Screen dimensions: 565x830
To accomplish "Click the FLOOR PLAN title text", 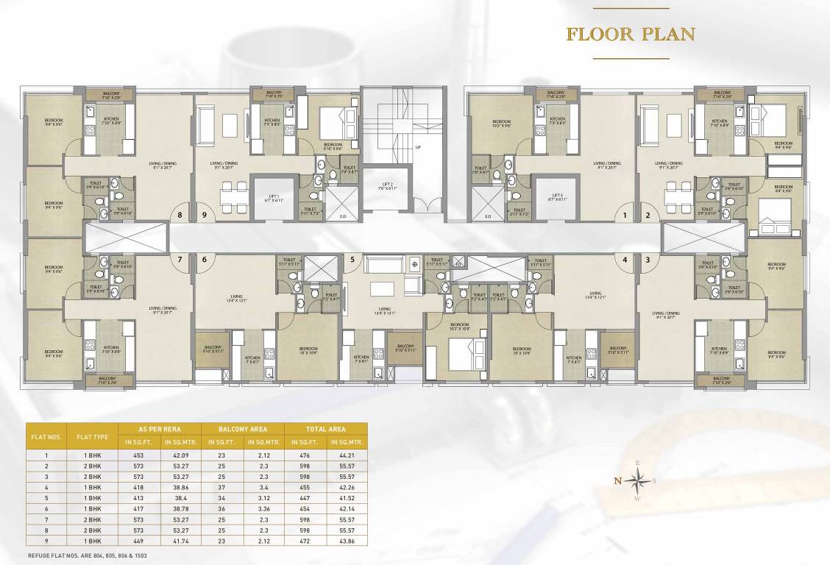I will (631, 34).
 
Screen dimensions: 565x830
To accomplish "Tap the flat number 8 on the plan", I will (180, 216).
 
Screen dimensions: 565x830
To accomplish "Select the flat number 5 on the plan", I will (352, 260).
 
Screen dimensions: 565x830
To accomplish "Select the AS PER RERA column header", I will (159, 428).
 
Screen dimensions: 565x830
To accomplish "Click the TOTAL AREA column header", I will (324, 428).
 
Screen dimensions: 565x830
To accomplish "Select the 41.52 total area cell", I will (346, 497).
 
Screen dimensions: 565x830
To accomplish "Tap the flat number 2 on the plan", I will (648, 216).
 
